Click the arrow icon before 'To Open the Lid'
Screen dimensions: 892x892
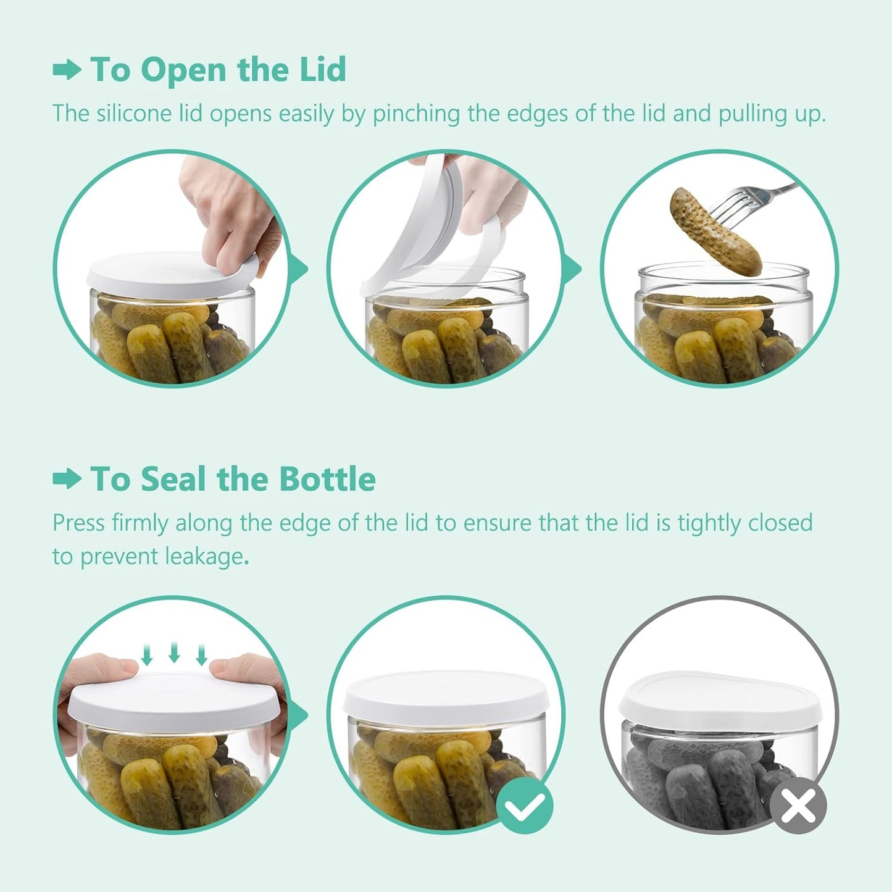pyautogui.click(x=67, y=70)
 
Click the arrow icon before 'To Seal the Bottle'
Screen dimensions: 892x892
pyautogui.click(x=67, y=479)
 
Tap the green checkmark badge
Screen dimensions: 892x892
pyautogui.click(x=525, y=805)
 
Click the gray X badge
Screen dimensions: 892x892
pyautogui.click(x=798, y=805)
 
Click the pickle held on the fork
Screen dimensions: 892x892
pyautogui.click(x=716, y=231)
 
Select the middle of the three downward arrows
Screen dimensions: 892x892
pyautogui.click(x=174, y=653)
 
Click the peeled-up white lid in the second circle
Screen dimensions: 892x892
pyautogui.click(x=426, y=228)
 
